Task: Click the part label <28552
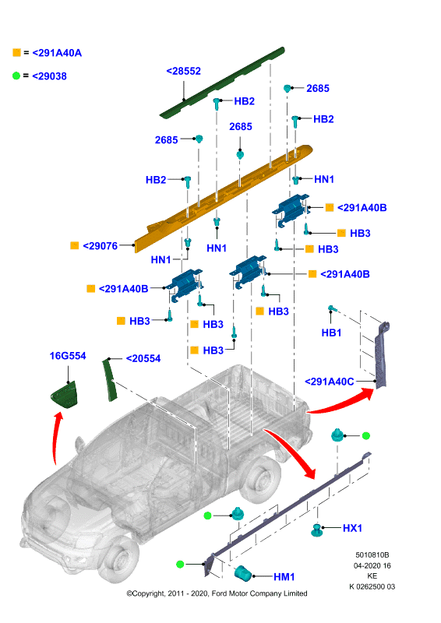[x=183, y=71]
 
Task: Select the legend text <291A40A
[x=57, y=53]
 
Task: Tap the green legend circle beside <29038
[x=16, y=76]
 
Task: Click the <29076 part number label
[x=100, y=246]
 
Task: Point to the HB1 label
[x=331, y=333]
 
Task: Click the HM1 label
[x=284, y=576]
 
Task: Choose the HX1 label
[x=352, y=528]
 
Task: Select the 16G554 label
[x=68, y=356]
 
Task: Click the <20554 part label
[x=143, y=358]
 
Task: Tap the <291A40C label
[x=330, y=382]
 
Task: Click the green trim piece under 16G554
[x=64, y=395]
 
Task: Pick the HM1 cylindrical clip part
[x=243, y=573]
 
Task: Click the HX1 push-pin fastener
[x=316, y=530]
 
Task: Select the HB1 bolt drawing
[x=332, y=308]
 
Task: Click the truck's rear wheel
[x=260, y=478]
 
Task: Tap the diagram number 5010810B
[x=372, y=554]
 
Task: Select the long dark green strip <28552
[x=223, y=83]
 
